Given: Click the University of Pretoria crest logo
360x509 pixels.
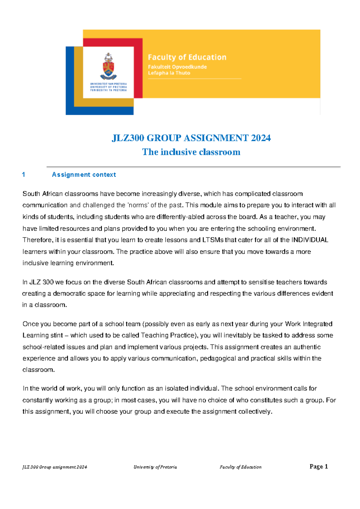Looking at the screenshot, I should [108, 66].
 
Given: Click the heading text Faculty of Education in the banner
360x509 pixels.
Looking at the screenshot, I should [187, 57].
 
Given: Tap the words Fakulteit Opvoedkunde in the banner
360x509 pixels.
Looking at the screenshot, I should [177, 67].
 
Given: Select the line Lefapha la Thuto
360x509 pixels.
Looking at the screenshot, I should [169, 73].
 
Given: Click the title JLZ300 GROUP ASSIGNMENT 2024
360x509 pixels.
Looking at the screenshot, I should [191, 138].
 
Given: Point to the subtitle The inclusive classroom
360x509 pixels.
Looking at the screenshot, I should [191, 152].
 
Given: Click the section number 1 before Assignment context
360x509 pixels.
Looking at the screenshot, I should [24, 175].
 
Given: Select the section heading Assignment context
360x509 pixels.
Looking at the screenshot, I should [84, 175].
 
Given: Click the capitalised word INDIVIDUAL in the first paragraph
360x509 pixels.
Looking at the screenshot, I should [310, 240].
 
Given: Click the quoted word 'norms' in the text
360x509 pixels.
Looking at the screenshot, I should [138, 205].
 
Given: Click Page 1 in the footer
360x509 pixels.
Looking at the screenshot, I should [319, 466].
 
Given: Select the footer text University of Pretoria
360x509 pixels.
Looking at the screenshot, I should [155, 467].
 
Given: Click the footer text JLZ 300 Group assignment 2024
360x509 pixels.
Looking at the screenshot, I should [55, 467].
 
